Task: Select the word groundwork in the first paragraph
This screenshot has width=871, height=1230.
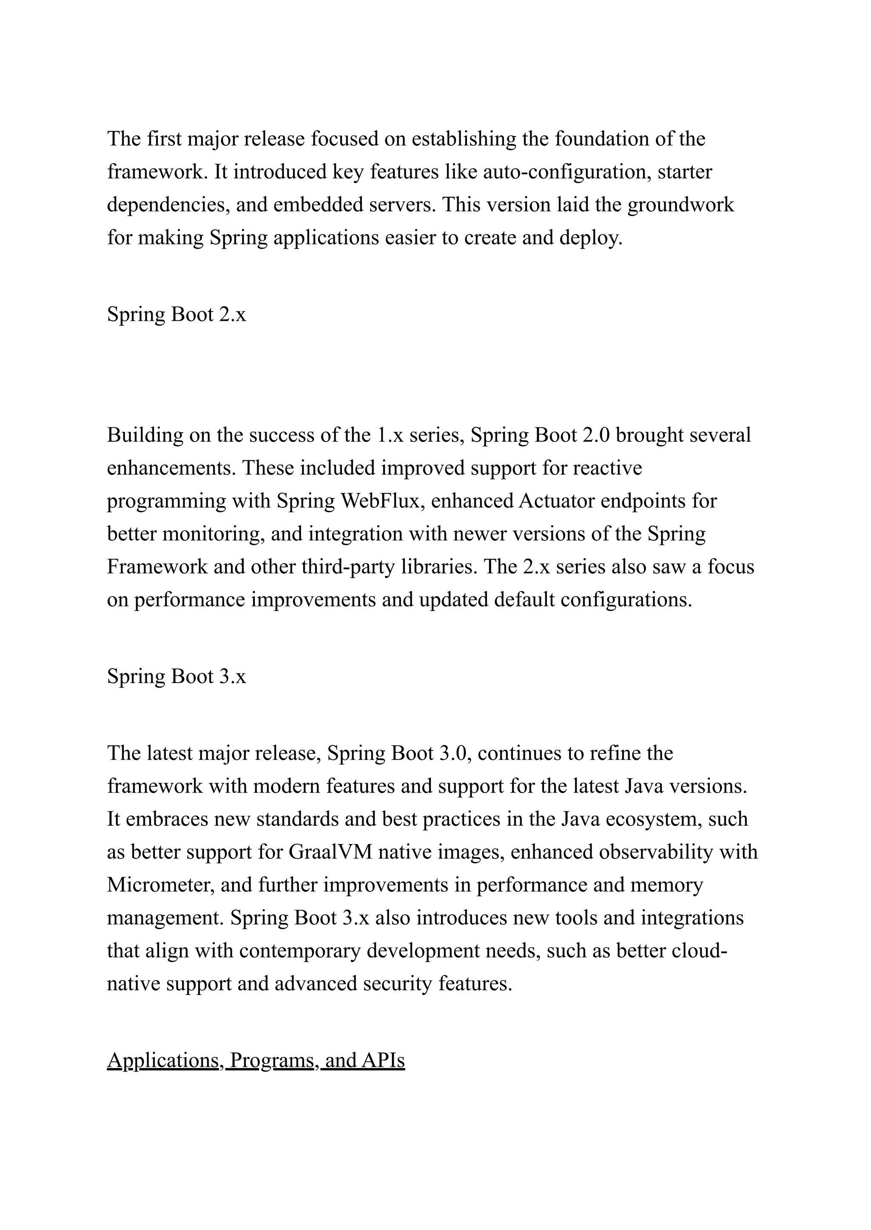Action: pos(680,205)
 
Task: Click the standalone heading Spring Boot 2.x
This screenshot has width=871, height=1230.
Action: pos(176,314)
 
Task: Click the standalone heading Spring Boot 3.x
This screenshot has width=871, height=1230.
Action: pos(176,677)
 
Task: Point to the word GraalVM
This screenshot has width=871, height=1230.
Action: pos(330,852)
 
